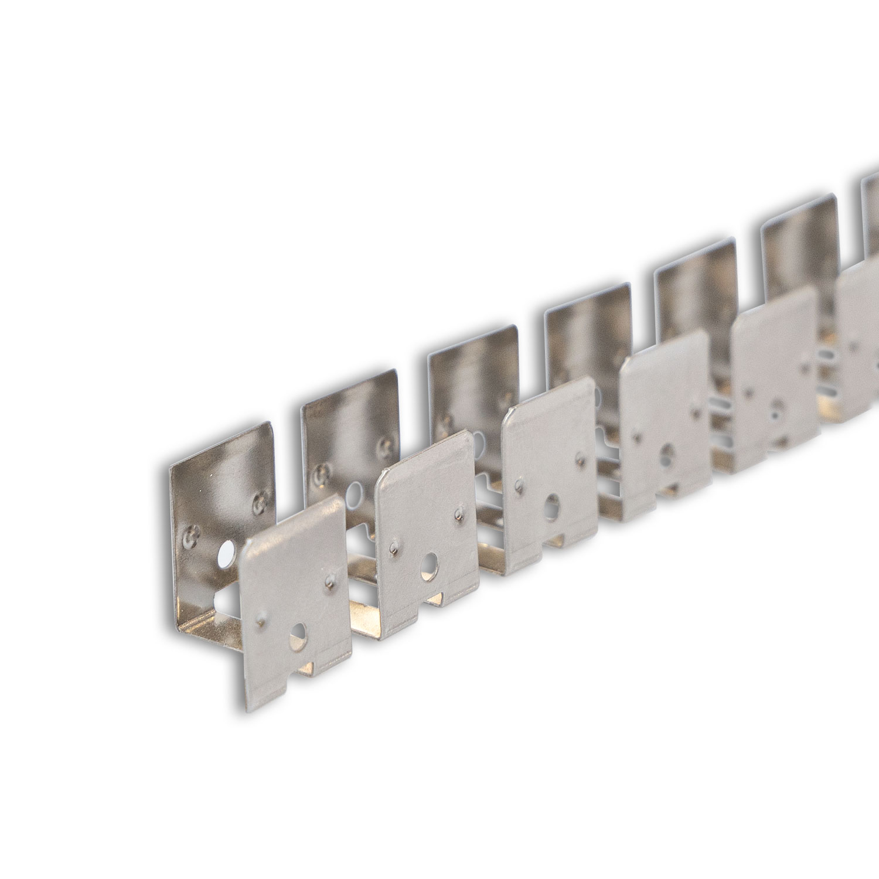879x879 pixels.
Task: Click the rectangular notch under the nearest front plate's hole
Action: point(304,668)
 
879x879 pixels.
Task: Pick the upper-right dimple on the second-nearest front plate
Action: point(458,515)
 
